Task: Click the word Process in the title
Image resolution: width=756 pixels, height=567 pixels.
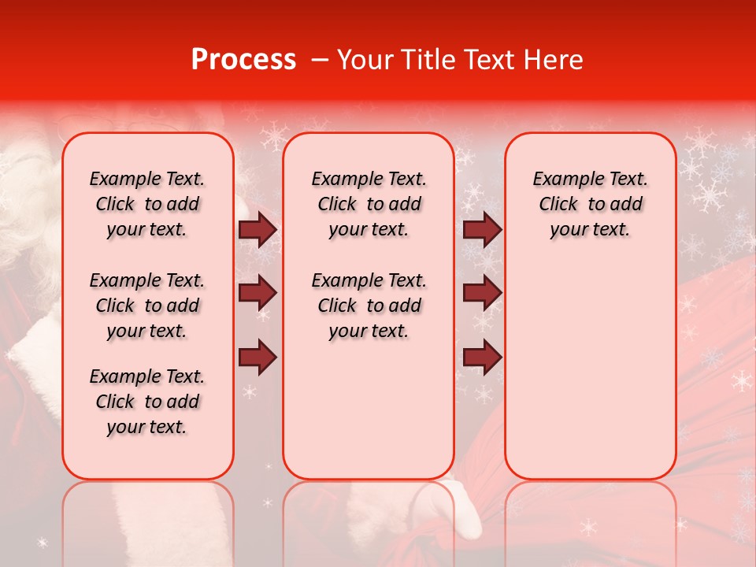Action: click(243, 60)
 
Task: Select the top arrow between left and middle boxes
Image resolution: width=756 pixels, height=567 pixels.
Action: click(258, 230)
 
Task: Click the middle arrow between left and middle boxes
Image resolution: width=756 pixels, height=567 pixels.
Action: click(258, 294)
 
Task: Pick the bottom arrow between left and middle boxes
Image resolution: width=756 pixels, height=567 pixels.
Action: click(258, 358)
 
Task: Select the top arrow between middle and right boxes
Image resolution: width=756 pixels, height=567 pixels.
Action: click(482, 230)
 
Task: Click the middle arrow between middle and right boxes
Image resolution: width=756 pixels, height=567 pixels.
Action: click(482, 294)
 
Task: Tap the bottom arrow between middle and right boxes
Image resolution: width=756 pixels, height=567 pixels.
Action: click(482, 358)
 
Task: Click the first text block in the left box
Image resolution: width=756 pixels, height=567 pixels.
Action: click(147, 204)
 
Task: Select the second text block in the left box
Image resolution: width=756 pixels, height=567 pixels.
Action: click(147, 306)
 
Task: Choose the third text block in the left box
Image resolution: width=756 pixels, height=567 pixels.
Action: click(147, 402)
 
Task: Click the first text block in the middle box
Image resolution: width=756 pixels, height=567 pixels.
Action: click(369, 204)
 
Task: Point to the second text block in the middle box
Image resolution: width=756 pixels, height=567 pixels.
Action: click(369, 306)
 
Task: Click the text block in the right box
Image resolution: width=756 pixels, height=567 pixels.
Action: click(590, 204)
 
